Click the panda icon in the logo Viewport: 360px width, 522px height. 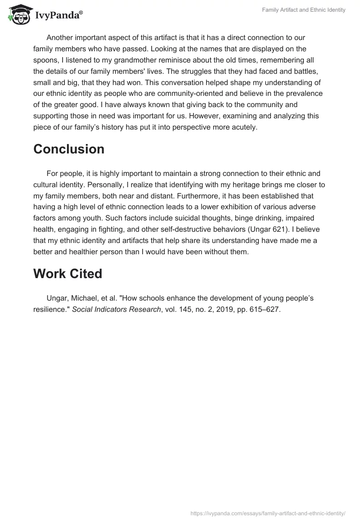[x=18, y=14]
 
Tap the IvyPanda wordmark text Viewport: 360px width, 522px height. [x=58, y=15]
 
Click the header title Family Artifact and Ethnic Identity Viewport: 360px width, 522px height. [x=304, y=10]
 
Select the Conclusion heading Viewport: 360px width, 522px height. [x=69, y=149]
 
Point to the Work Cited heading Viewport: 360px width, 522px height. [x=67, y=274]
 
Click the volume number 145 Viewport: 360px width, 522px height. [x=181, y=310]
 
